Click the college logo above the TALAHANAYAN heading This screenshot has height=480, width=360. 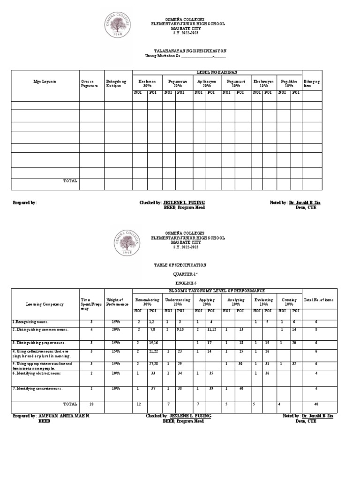coord(120,26)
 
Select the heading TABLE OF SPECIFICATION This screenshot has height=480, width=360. coord(180,265)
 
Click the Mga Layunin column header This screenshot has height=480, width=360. coord(45,82)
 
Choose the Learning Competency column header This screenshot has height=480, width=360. coord(45,304)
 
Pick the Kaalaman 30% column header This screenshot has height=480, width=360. coord(147,83)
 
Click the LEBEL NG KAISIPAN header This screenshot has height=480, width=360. coord(217,72)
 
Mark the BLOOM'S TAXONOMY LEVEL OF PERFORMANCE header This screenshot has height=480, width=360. coord(217,291)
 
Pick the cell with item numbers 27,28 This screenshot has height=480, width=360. coord(153,363)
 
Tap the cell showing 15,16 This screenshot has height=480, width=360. coord(153,343)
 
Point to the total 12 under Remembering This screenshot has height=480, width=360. coord(138,404)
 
